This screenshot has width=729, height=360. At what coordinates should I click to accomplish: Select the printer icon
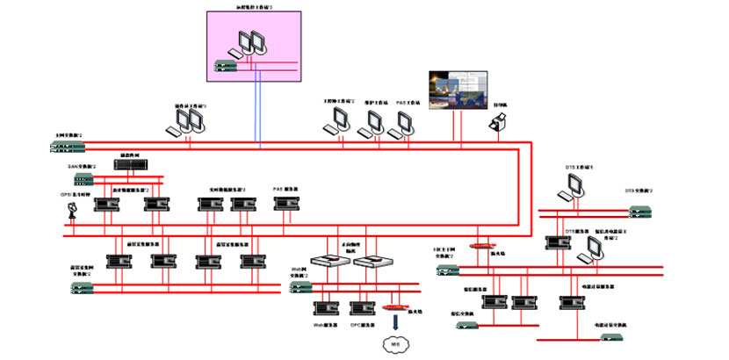497,127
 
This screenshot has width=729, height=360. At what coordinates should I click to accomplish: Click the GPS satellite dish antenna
73,211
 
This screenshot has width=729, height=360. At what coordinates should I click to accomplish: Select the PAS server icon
284,204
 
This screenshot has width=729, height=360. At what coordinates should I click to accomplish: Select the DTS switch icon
640,211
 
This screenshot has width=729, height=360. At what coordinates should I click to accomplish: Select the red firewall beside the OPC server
397,308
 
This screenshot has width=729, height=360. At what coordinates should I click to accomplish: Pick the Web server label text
327,324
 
